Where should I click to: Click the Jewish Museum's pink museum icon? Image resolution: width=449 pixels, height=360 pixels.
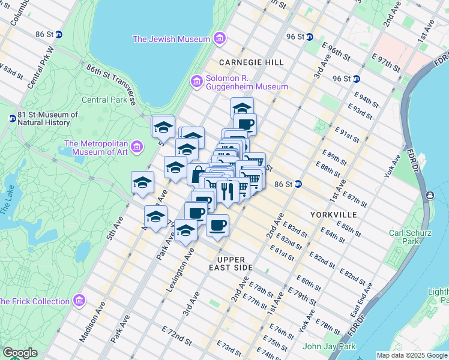(x=219, y=40)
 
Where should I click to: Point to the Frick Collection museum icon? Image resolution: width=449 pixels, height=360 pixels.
(x=79, y=300)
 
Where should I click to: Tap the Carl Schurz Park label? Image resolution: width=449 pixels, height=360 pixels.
(x=403, y=237)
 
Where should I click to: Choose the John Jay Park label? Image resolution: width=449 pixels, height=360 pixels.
(x=329, y=346)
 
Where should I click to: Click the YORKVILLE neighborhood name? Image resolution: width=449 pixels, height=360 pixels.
(x=333, y=214)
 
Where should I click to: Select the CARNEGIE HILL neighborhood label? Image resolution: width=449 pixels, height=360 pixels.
(x=243, y=62)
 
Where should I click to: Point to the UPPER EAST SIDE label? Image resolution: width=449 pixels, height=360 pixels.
(x=231, y=263)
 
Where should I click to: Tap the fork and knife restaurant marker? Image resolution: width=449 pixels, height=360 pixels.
(x=227, y=191)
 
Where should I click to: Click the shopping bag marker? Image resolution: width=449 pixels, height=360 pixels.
(x=197, y=173)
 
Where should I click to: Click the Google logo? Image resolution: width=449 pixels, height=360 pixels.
(x=20, y=353)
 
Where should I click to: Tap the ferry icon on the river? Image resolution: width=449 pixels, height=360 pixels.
(x=430, y=195)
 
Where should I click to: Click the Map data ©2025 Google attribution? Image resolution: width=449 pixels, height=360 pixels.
(x=412, y=355)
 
